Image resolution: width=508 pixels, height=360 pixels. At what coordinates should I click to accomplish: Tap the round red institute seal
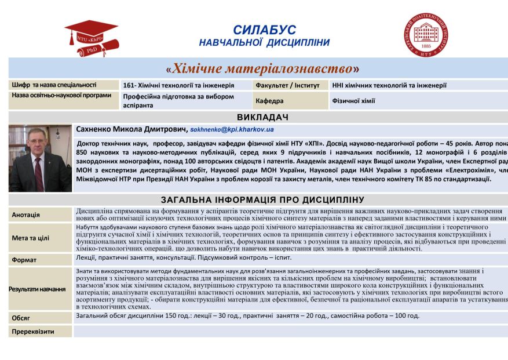[x=426, y=35]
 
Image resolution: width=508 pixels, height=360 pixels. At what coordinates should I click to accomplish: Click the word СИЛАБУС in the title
[x=264, y=30]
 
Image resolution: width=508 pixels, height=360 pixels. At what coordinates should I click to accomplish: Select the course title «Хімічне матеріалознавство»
[x=262, y=69]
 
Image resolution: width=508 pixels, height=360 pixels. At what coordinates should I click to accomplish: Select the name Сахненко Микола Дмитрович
[x=132, y=129]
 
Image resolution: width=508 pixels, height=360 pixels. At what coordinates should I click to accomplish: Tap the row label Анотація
[x=26, y=215]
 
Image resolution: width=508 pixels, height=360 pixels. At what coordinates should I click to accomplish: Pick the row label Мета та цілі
[x=31, y=238]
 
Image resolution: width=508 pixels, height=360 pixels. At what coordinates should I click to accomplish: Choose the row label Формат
[x=24, y=260]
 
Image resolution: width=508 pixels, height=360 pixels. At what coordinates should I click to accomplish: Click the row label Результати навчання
[x=36, y=288]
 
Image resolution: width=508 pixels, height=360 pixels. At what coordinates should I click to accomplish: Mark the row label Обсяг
[x=21, y=318]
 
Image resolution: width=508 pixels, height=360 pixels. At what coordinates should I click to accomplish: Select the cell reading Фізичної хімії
[x=353, y=100]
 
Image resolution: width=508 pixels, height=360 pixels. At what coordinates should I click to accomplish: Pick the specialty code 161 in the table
[x=129, y=85]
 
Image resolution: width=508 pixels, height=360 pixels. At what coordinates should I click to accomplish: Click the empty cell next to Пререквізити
[x=290, y=332]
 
